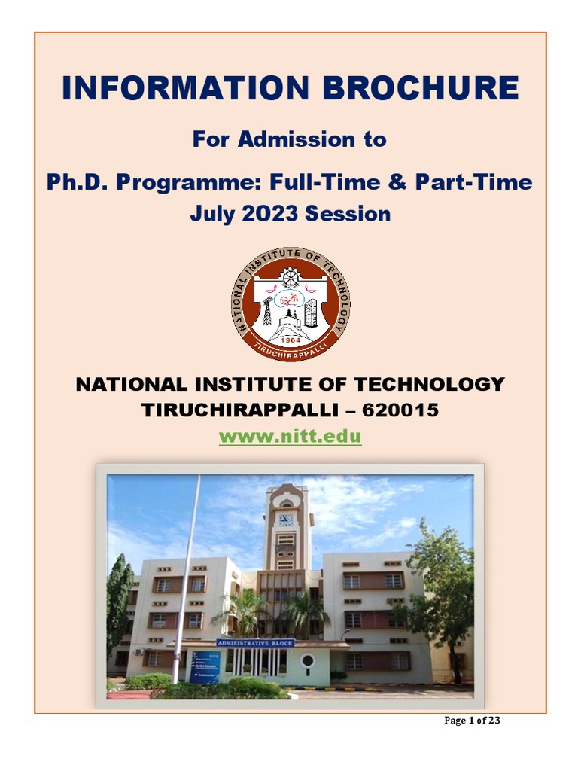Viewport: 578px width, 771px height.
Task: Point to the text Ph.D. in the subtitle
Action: click(75, 182)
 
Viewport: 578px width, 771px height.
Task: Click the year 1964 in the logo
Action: click(289, 340)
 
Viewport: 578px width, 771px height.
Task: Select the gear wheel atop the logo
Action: click(291, 277)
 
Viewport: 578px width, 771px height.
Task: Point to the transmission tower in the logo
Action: click(266, 309)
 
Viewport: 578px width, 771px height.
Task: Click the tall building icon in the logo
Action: click(311, 312)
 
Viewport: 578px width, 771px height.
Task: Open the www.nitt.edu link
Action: click(290, 436)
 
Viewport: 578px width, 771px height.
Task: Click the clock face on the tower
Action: click(285, 520)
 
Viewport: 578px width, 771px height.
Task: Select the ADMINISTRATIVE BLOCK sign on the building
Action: click(254, 643)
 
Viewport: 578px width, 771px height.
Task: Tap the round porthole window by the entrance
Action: click(307, 661)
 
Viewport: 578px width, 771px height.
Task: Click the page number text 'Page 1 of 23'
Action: click(472, 721)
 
